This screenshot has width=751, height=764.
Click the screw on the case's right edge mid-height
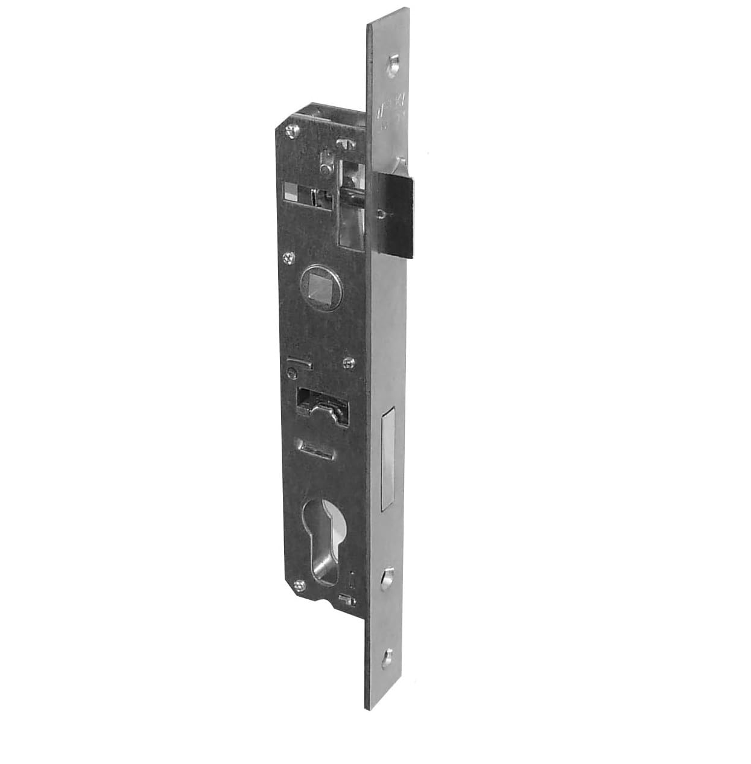(347, 363)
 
